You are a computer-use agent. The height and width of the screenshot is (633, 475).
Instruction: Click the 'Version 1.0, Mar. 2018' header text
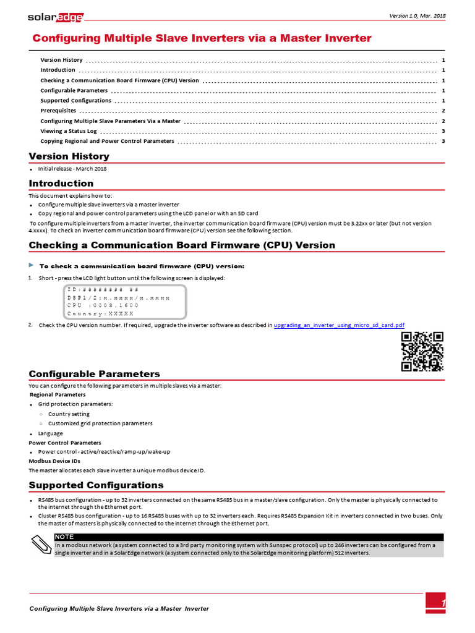coord(417,15)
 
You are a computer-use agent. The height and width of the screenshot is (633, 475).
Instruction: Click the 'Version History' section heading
coord(69,156)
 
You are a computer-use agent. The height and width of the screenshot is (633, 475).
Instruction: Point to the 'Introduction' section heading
coord(61,184)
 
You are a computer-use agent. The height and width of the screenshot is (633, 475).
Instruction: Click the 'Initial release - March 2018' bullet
coord(72,169)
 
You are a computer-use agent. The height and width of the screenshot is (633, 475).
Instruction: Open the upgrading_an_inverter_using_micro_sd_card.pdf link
coord(339,325)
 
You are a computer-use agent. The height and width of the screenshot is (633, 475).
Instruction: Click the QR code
coord(422,352)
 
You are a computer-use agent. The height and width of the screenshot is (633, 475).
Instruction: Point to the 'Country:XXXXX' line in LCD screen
coord(100,313)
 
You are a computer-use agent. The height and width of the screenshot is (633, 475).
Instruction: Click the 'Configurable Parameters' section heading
coord(94,374)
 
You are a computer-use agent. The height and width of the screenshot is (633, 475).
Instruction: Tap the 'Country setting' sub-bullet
coord(69,414)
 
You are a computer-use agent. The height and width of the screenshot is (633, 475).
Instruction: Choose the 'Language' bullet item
coord(50,433)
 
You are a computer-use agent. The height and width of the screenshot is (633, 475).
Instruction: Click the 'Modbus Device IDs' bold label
coord(54,461)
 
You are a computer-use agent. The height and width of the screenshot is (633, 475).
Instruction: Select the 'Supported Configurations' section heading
coord(96,485)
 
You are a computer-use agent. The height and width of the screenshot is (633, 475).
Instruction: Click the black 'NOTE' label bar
coord(247,537)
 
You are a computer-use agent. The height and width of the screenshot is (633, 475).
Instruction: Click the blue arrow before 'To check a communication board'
coord(32,265)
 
